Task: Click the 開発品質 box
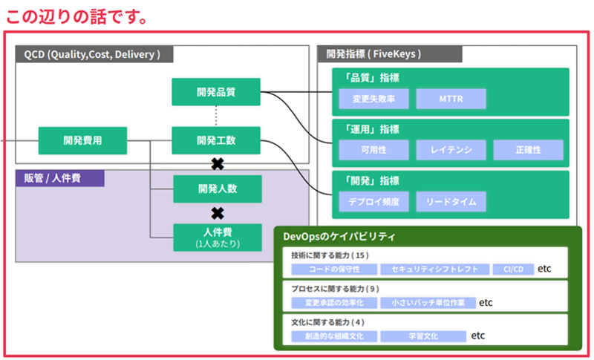click(216, 92)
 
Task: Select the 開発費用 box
click(82, 140)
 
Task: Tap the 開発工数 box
click(216, 140)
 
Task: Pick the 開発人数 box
click(218, 189)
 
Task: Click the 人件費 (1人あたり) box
click(218, 238)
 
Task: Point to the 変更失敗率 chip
click(373, 99)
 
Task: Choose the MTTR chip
click(451, 99)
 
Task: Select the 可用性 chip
click(373, 150)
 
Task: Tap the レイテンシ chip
click(451, 150)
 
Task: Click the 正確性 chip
click(528, 150)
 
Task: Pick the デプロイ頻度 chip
click(373, 201)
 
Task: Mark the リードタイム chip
click(451, 201)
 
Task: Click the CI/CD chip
click(513, 269)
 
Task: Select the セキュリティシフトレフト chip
click(435, 269)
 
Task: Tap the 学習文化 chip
click(423, 336)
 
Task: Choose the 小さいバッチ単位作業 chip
click(428, 303)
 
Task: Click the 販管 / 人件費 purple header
click(60, 178)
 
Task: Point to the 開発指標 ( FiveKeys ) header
click(389, 53)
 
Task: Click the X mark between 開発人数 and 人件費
click(218, 214)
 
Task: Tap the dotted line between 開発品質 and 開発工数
click(216, 117)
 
